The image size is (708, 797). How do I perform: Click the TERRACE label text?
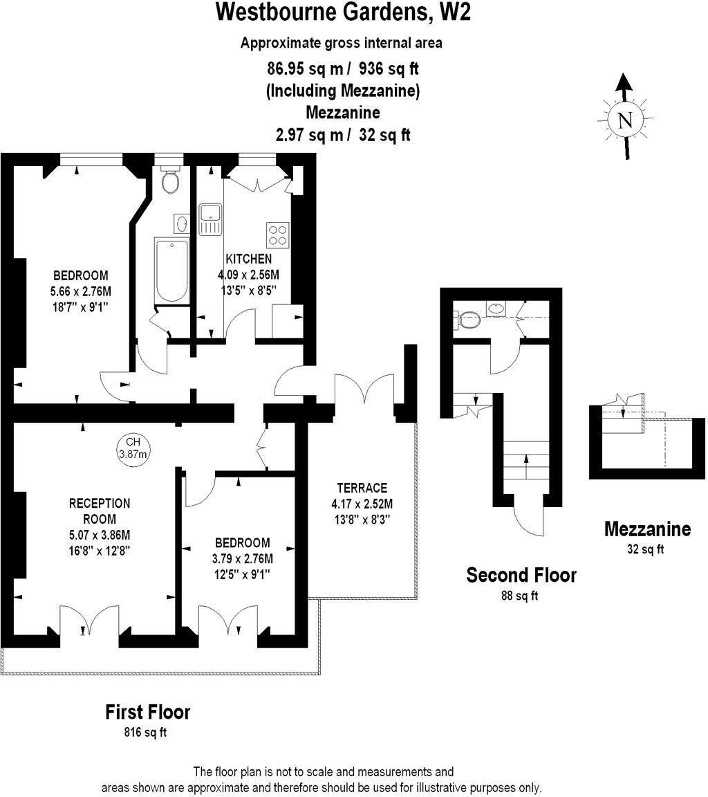[x=362, y=488]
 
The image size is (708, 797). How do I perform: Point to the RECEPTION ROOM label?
[x=99, y=511]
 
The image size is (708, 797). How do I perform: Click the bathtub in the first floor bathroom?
[x=171, y=271]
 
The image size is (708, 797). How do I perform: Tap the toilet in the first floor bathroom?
[x=169, y=181]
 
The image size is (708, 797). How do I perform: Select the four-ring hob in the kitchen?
[x=278, y=235]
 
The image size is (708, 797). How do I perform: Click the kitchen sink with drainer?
[x=209, y=219]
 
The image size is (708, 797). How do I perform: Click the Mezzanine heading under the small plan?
[x=647, y=529]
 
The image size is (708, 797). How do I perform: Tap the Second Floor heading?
[x=521, y=575]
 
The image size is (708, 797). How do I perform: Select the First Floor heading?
[x=147, y=711]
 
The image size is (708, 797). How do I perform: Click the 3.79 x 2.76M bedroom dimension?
[x=241, y=558]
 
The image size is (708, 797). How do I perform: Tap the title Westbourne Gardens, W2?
[x=344, y=12]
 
